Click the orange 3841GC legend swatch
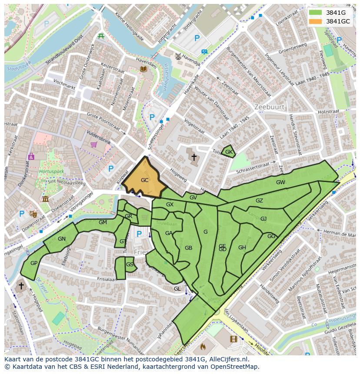click(316, 21)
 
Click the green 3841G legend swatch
click(316, 13)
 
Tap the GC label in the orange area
click(145, 180)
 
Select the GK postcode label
click(229, 152)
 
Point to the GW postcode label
click(280, 182)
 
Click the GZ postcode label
click(259, 200)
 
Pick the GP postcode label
click(34, 263)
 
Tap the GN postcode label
click(62, 238)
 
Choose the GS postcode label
click(130, 264)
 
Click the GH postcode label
click(242, 248)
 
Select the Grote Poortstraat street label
click(103, 122)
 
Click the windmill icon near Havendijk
click(177, 56)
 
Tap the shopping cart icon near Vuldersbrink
click(93, 145)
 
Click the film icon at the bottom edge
click(234, 339)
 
